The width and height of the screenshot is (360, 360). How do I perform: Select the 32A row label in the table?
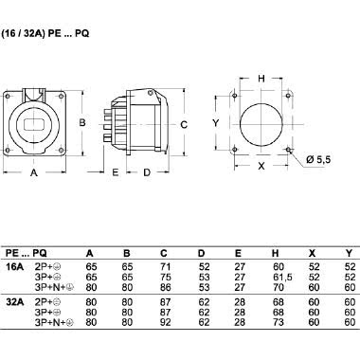(x=14, y=304)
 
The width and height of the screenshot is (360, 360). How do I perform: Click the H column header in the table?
(x=276, y=254)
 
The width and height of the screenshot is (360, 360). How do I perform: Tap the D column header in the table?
(x=201, y=254)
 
